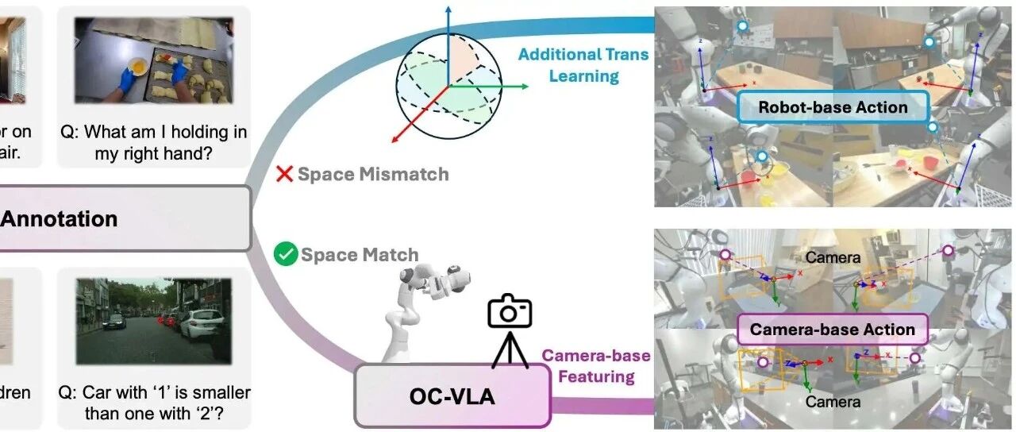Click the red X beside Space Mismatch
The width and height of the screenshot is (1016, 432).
284,174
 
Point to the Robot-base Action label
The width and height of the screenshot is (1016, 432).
833,108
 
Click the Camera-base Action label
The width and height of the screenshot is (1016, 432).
832,329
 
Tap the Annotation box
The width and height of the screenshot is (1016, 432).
119,219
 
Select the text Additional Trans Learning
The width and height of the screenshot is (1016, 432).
583,65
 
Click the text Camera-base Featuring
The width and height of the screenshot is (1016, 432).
595,365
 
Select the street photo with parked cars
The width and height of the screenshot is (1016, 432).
153,321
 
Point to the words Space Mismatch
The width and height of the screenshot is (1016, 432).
373,174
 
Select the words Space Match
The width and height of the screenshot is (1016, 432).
359,255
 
